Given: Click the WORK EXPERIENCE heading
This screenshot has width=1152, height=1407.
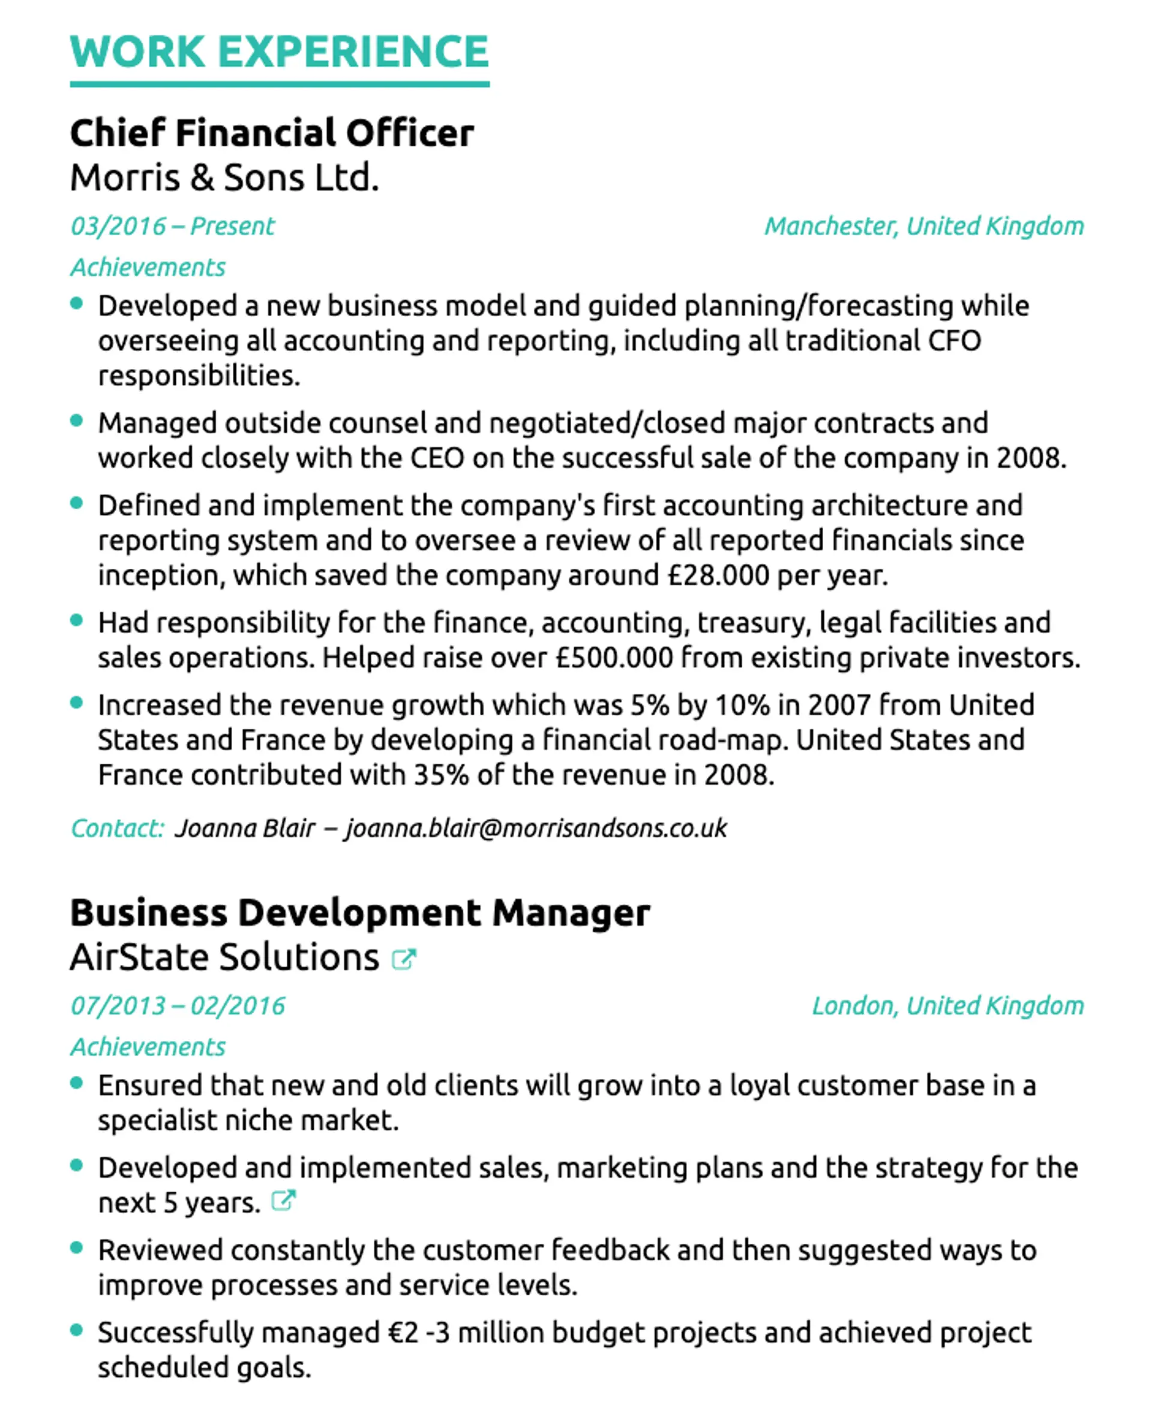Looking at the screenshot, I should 280,52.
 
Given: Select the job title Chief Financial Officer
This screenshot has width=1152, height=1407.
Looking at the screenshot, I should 272,133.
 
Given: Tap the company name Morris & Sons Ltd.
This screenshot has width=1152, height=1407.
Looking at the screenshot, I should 224,178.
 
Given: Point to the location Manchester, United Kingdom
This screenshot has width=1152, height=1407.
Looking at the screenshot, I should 924,226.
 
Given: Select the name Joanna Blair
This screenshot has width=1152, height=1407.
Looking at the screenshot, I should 244,828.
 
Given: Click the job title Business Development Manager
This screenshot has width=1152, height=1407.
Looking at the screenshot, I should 359,913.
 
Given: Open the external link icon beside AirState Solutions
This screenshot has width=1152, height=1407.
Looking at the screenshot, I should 403,959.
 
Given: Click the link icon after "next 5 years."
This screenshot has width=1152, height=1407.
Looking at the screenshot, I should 283,1201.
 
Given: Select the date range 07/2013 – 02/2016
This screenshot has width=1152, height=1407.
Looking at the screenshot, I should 177,1006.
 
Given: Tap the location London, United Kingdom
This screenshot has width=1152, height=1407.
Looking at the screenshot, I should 947,1006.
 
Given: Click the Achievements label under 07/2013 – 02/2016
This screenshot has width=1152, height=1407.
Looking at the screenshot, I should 148,1047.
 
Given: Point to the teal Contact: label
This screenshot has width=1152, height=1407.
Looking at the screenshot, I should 117,828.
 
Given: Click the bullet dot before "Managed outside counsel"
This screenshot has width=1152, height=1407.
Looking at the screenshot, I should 76,420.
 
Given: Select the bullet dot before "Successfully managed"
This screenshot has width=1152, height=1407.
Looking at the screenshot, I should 76,1330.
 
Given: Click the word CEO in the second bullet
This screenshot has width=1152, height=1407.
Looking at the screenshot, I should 437,458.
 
